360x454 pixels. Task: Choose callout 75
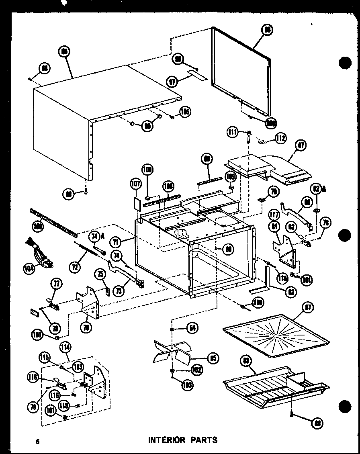100,275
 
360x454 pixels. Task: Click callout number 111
232,132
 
